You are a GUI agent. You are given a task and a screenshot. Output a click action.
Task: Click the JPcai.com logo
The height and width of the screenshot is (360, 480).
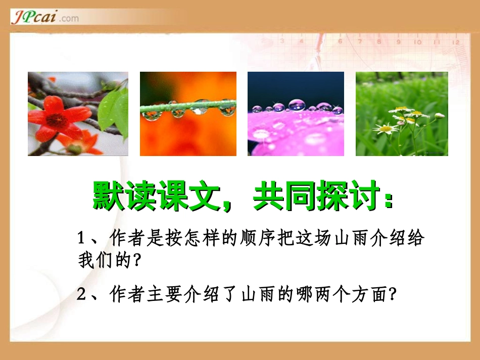coord(44,18)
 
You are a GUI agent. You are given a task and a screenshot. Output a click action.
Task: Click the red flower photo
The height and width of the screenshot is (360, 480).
coord(78,114)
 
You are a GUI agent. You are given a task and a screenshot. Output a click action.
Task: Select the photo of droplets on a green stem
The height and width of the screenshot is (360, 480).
coord(188,114)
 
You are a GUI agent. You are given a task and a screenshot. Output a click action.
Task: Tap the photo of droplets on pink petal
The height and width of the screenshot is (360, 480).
coord(296,114)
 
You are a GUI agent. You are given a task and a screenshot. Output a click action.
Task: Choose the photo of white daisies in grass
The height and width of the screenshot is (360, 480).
coord(402,114)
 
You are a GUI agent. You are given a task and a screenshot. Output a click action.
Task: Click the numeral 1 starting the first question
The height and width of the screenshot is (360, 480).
coord(81,238)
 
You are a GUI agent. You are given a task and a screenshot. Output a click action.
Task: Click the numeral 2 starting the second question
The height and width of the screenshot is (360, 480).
coord(81,294)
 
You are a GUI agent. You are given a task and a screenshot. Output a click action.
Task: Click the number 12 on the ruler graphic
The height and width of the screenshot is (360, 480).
coord(456,41)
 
